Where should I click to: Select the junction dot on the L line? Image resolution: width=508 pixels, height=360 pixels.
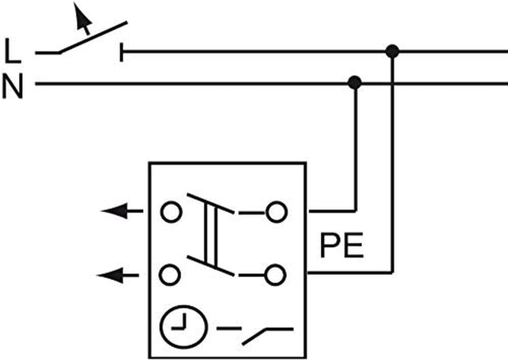tap(392, 51)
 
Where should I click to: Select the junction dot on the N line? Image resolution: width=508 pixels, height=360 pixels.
tap(355, 82)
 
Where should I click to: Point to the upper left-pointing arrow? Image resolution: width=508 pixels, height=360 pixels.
tap(122, 211)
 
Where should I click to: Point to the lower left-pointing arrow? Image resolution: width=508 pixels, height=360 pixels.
tap(117, 276)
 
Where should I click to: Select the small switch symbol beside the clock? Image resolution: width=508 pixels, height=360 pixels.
tap(267, 335)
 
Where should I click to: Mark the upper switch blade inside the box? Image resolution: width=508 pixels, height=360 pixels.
tap(211, 204)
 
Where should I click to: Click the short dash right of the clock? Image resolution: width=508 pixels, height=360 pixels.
tap(228, 328)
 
